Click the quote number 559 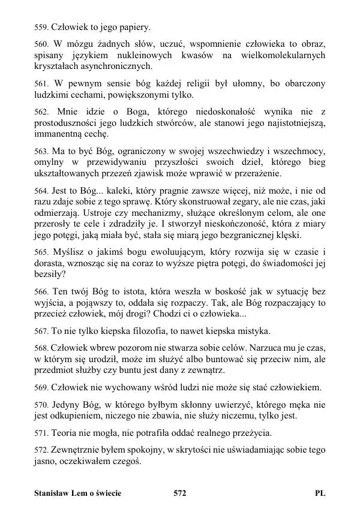coord(41,28)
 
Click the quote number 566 coord(41,291)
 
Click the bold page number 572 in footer coord(180,493)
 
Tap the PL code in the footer coord(320,493)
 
